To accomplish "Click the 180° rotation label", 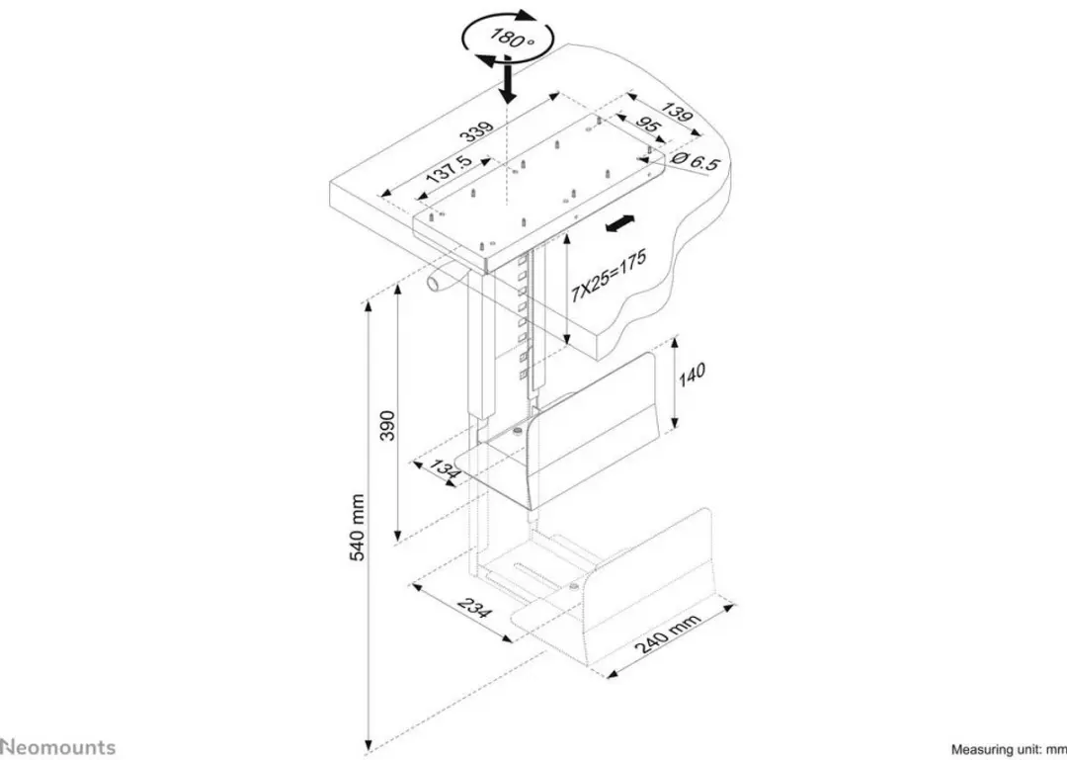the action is tap(512, 39).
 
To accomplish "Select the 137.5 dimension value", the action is tap(447, 176).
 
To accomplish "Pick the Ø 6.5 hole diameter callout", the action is tap(695, 161).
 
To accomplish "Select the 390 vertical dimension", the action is tap(387, 426).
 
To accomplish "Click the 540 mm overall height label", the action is tap(358, 527).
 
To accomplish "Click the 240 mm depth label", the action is tap(667, 633).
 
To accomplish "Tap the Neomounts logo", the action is tap(58, 747).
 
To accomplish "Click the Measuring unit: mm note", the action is tap(1008, 750).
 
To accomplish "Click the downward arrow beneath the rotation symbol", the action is tap(507, 80).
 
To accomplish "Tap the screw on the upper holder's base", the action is tap(517, 431).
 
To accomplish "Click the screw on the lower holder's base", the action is tap(574, 586).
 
